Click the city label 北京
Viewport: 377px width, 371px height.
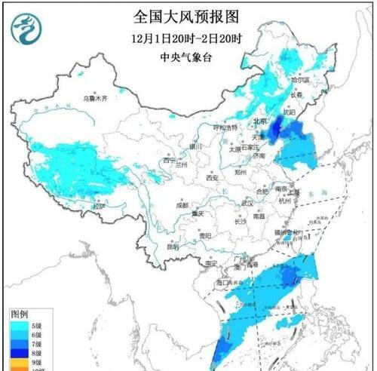coord(259,121)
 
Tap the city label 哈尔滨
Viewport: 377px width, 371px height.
coord(300,78)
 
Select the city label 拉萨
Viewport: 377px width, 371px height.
coord(99,205)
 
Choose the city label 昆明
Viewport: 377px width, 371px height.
coord(173,246)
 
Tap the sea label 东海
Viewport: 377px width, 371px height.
coord(310,194)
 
